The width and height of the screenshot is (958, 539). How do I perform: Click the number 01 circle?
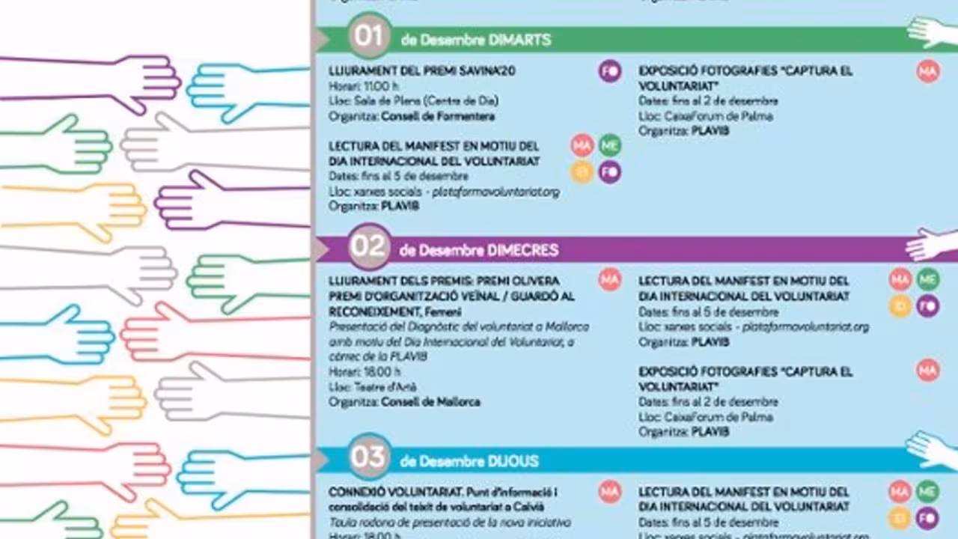[368, 37]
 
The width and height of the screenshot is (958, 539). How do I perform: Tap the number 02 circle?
[369, 247]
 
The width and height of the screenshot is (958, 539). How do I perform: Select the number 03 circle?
[369, 457]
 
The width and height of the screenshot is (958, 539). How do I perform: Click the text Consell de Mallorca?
[430, 402]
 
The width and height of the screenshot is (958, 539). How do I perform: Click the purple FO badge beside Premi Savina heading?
[610, 71]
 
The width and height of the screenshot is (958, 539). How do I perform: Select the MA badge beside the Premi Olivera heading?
[610, 280]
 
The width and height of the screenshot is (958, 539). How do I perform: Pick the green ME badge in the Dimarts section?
[610, 144]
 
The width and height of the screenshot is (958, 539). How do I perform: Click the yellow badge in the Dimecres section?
[900, 305]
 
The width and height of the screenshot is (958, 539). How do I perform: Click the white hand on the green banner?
[932, 31]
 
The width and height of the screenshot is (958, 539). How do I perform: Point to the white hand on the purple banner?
[932, 243]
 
